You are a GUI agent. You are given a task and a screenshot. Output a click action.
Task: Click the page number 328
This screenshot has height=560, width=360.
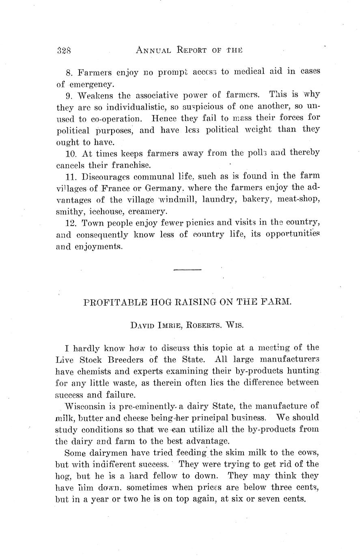coord(64,51)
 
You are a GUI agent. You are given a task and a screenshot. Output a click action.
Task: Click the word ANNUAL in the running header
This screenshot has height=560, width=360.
coord(153,51)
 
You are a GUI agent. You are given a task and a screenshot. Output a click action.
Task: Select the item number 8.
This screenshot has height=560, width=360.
coord(68,73)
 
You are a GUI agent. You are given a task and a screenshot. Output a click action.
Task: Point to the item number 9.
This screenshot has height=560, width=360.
coord(68,96)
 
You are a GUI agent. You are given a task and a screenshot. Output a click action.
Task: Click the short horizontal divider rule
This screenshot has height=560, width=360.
coord(187,269)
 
